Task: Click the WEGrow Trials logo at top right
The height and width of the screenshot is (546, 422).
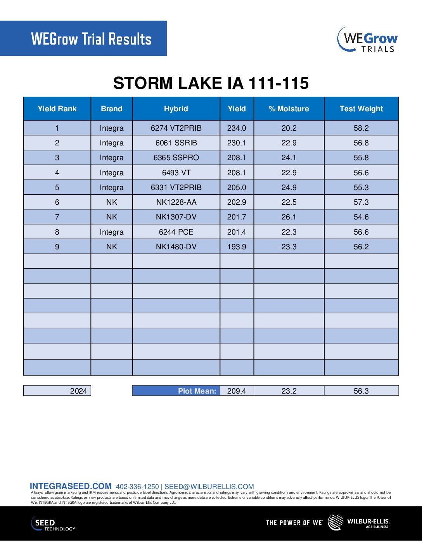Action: pos(367,40)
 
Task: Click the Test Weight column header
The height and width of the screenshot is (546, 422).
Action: pos(361,109)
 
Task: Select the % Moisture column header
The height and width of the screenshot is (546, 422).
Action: pos(289,109)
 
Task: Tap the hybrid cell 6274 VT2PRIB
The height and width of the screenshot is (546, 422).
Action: pos(176,128)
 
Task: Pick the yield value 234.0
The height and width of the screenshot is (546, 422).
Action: pos(237,128)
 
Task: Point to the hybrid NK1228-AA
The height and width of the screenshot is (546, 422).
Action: pos(176,202)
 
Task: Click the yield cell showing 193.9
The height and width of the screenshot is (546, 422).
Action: pos(237,247)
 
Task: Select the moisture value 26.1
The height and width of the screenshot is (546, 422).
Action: pos(289,217)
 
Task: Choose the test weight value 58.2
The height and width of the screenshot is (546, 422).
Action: pos(361,128)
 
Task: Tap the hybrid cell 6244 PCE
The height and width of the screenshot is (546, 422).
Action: pos(176,232)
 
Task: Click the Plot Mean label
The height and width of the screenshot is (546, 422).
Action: pos(197,391)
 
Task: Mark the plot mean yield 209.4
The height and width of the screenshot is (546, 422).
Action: pos(237,391)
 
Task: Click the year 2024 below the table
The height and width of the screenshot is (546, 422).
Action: pos(78,391)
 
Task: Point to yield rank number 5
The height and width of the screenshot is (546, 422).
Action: pos(57,187)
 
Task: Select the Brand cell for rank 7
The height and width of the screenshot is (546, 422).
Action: pos(112,217)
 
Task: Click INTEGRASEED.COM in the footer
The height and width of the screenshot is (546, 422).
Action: pos(71,486)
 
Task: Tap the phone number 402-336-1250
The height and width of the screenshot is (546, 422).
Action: pos(137,487)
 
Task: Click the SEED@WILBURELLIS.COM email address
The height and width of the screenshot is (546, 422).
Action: pos(209,487)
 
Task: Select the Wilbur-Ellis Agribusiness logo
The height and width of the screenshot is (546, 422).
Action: pos(359,522)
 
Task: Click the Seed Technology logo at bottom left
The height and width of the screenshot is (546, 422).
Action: pos(53,524)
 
